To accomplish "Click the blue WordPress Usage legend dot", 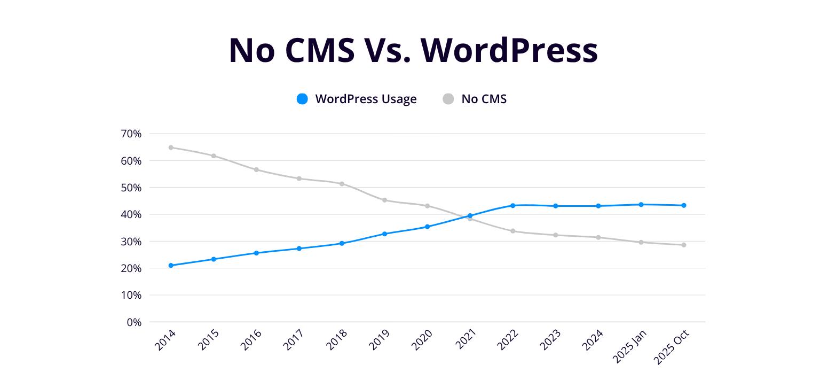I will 302,99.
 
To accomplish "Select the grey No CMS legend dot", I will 448,99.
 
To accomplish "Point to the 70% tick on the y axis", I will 131,134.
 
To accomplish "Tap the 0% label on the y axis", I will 134,322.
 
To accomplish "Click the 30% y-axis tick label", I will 131,242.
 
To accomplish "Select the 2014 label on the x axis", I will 165,340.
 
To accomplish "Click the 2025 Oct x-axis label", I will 672,347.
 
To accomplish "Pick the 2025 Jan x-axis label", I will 629,346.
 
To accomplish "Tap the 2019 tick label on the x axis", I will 379,340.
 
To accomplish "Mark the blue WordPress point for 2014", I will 171,266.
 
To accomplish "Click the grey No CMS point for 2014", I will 171,148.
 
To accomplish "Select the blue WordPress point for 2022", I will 513,206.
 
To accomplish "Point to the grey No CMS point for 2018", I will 342,184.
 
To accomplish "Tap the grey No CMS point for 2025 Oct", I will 684,245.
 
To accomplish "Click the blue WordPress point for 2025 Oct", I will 684,206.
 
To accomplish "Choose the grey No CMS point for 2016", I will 256,170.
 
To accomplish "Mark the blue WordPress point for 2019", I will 385,234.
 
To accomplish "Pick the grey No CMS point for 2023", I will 556,235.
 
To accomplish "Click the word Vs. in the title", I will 388,50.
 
